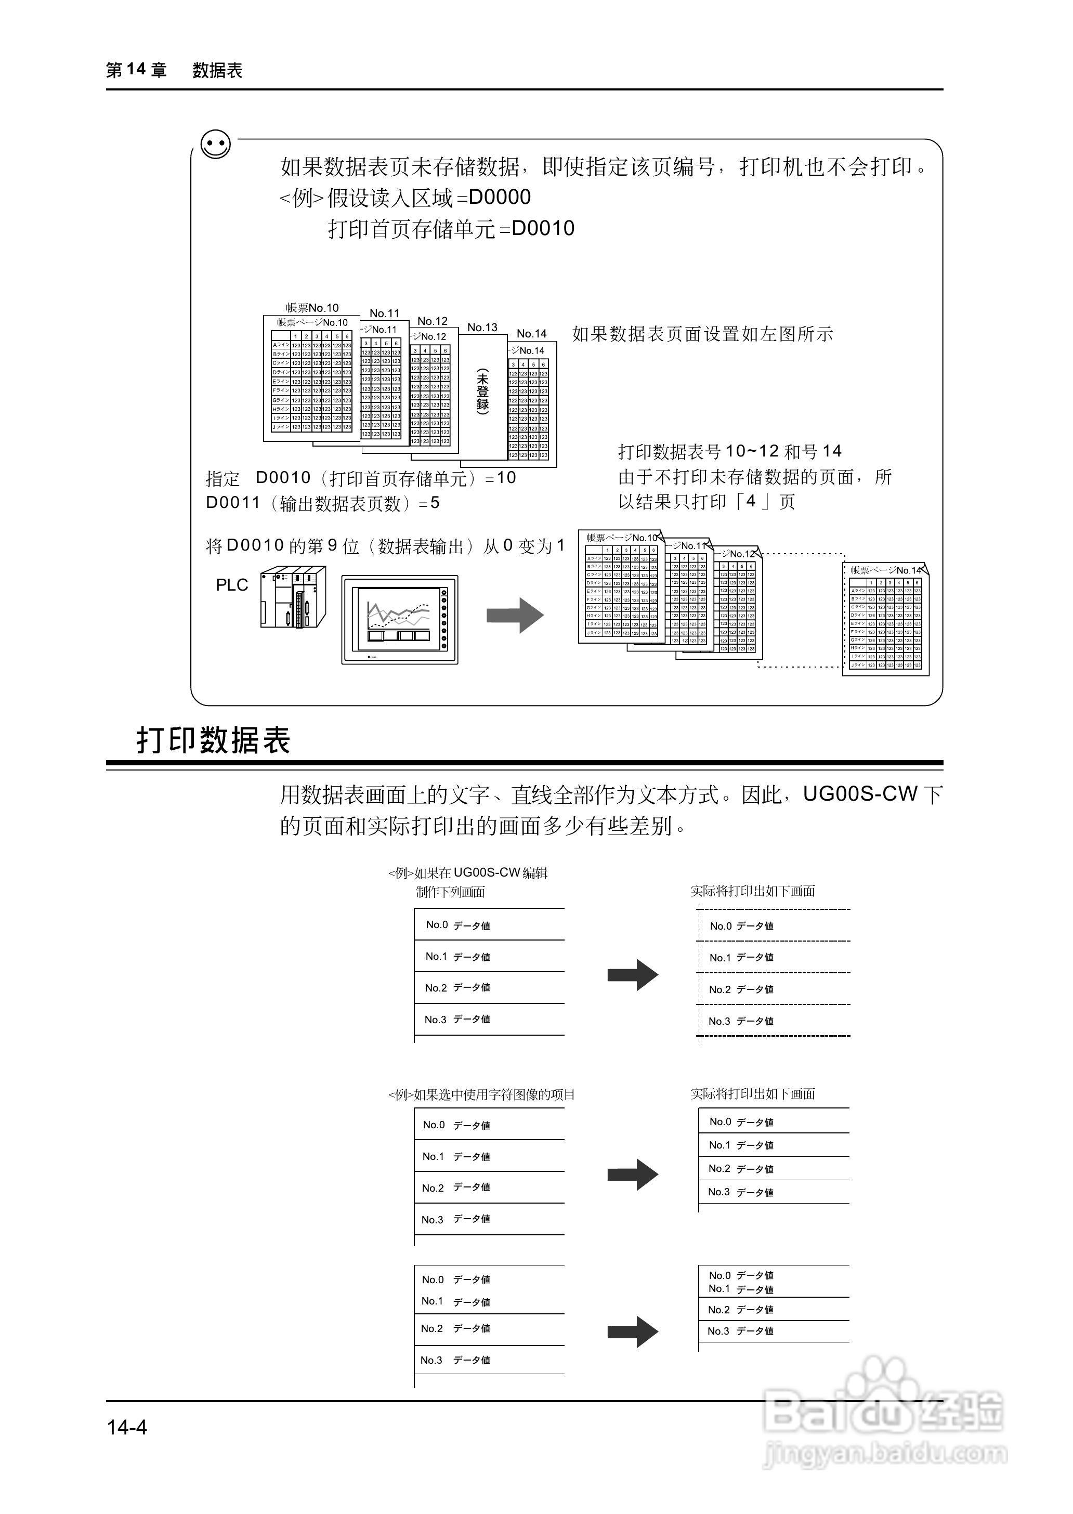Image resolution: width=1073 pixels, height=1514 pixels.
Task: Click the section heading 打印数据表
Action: (214, 740)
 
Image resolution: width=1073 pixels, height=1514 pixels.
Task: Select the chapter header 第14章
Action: (136, 70)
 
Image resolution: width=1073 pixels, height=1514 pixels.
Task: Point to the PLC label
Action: (232, 585)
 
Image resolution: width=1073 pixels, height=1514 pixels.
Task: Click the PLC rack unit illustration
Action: (293, 597)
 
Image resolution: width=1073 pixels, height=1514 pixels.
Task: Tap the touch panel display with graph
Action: (399, 619)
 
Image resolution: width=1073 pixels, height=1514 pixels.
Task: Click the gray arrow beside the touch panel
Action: (515, 615)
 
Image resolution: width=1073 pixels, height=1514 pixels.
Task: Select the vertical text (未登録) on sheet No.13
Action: (483, 391)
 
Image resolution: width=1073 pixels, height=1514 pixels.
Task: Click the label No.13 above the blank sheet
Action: (482, 327)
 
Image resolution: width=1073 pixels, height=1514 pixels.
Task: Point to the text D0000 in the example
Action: (500, 197)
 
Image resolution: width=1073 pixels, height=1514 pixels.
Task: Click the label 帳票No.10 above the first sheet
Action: (312, 308)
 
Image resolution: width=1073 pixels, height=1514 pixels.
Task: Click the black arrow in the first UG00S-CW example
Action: (632, 975)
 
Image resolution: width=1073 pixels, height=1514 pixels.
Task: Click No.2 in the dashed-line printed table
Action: (719, 989)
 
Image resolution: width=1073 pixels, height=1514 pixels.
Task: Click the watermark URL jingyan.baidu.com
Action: (885, 1454)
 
